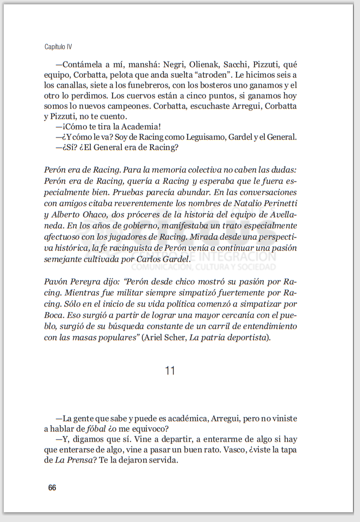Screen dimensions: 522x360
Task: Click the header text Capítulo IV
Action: point(58,47)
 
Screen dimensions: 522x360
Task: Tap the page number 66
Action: point(52,488)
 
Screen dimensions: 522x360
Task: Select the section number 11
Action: point(170,371)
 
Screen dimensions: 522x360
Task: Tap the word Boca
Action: point(53,316)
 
